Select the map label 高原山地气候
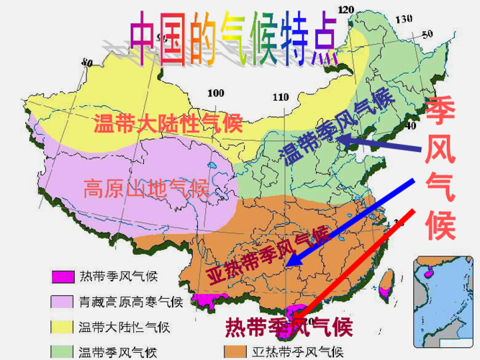145,189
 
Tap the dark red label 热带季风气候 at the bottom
289,328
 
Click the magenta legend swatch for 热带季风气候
63,276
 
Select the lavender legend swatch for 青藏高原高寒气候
63,301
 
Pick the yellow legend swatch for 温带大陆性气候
63,327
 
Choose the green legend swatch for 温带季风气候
63,352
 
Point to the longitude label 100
215,93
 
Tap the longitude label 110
280,97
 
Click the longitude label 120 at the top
346,9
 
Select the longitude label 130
404,18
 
